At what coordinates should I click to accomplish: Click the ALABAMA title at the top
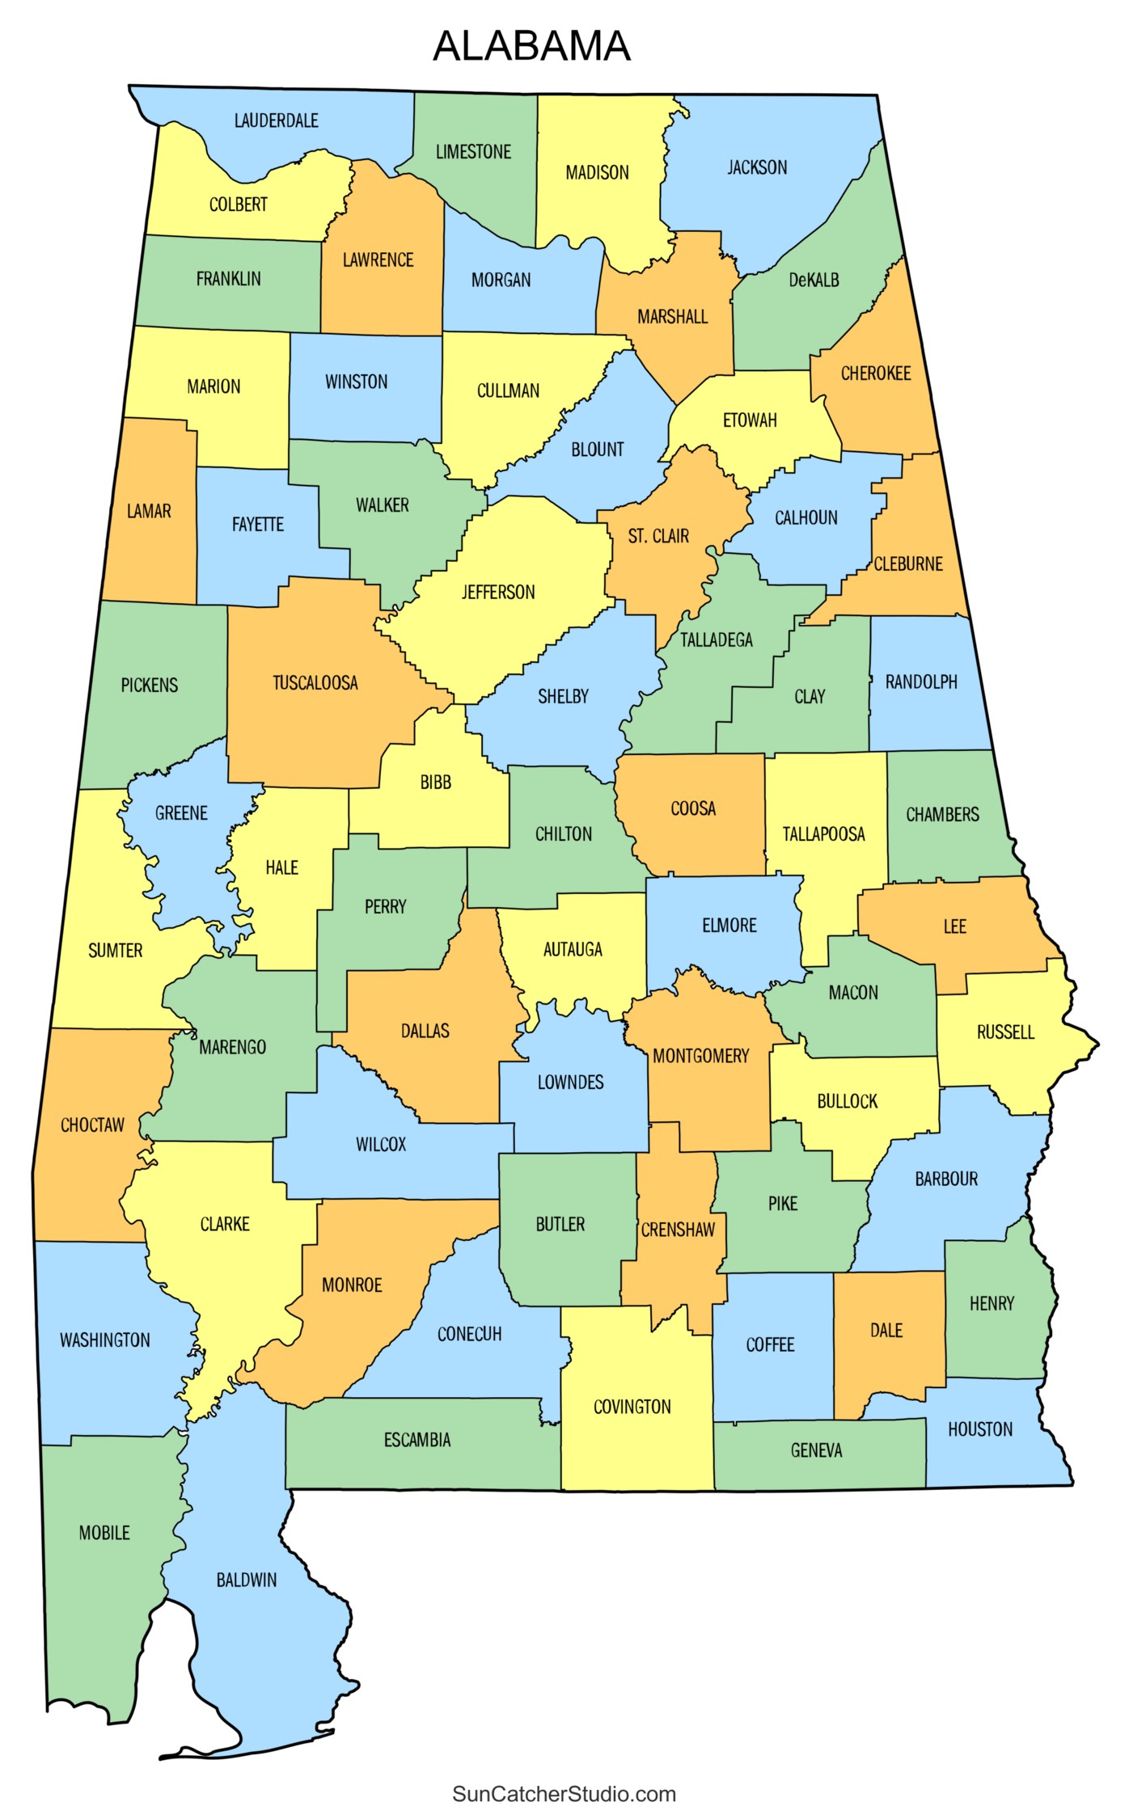[x=531, y=46]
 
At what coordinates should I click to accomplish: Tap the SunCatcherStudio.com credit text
[x=564, y=1793]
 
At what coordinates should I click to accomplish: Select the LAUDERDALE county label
[x=276, y=120]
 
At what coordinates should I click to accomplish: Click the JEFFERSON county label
[x=498, y=592]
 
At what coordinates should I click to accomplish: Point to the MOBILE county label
[x=104, y=1532]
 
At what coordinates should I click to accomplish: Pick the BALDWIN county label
[x=246, y=1579]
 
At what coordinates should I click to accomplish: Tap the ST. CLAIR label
[x=658, y=536]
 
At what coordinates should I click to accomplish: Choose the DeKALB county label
[x=814, y=280]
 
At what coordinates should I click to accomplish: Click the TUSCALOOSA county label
[x=315, y=682]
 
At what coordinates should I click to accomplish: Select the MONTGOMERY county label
[x=700, y=1055]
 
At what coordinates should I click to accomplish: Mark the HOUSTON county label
[x=979, y=1429]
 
